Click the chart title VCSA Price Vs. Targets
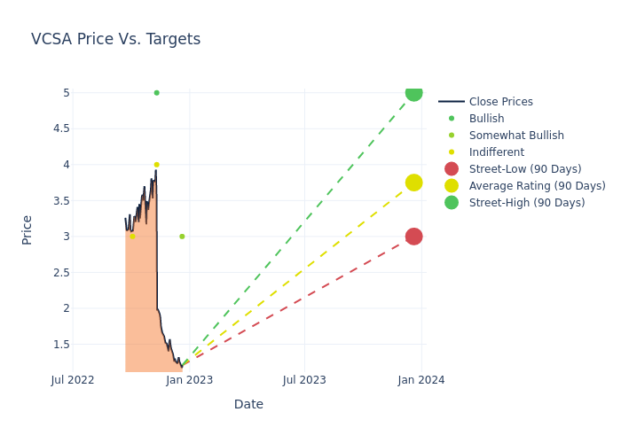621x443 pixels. click(x=115, y=39)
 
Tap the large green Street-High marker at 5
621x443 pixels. click(x=413, y=93)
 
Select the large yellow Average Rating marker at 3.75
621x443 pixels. click(x=413, y=183)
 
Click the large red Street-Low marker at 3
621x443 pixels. click(x=413, y=237)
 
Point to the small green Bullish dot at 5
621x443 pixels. click(x=156, y=93)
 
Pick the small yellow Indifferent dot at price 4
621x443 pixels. click(x=156, y=165)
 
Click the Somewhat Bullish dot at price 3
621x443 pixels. click(x=182, y=237)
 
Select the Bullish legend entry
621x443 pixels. click(x=486, y=119)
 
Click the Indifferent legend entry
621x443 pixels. click(x=496, y=152)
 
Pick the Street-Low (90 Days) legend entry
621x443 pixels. click(x=524, y=169)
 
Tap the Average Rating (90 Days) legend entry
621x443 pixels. click(x=537, y=186)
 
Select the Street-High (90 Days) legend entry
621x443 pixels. click(x=526, y=203)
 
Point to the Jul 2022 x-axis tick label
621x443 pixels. click(x=73, y=380)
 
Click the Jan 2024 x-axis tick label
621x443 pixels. click(x=421, y=380)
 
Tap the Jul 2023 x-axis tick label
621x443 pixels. click(x=304, y=380)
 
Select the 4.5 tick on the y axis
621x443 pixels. click(x=60, y=128)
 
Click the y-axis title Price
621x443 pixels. click(x=28, y=229)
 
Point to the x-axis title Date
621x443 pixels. click(x=248, y=405)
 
